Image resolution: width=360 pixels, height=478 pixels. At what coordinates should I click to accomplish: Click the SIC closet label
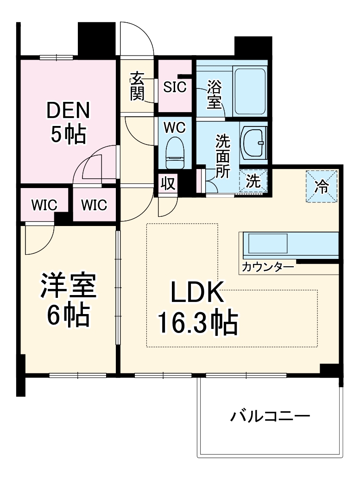click(175, 87)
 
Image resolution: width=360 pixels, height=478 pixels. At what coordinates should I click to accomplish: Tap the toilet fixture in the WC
click(175, 152)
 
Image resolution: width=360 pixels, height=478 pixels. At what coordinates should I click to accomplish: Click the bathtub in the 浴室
click(250, 91)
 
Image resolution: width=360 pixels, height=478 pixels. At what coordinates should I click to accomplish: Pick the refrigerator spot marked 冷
click(321, 186)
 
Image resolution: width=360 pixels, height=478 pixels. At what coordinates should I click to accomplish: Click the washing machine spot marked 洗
click(253, 181)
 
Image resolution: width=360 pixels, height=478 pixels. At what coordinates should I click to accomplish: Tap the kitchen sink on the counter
click(268, 243)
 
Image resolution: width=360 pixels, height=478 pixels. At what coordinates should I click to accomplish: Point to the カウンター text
click(268, 267)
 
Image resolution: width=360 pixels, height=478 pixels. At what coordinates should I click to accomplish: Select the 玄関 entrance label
click(137, 86)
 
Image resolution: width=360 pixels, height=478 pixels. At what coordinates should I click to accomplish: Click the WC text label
click(175, 126)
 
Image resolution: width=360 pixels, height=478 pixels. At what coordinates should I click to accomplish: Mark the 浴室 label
click(214, 94)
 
